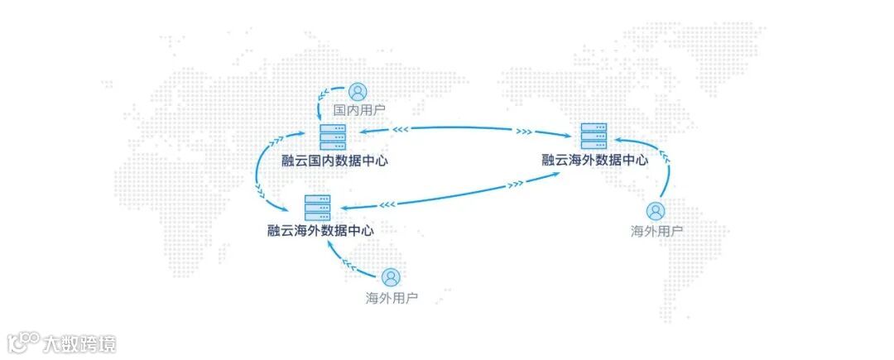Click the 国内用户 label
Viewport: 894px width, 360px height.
coord(358,109)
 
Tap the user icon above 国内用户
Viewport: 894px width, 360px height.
coord(357,91)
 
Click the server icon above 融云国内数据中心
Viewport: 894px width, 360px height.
coord(333,136)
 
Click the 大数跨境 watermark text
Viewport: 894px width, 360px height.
coord(79,343)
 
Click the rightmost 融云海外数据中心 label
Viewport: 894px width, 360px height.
coord(594,160)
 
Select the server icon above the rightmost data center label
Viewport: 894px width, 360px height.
coord(594,136)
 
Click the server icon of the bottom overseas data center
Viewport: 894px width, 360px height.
coord(317,207)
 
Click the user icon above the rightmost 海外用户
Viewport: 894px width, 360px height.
coord(656,211)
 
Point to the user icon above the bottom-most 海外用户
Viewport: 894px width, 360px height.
coord(391,277)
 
